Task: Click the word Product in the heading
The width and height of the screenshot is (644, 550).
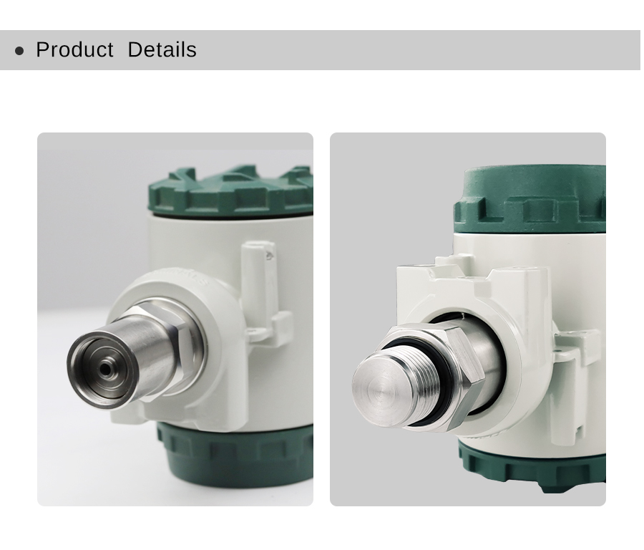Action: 74,49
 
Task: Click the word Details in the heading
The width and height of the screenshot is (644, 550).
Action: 162,49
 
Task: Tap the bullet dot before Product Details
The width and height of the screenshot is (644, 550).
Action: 19,51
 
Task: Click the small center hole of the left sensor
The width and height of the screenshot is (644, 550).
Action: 106,369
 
